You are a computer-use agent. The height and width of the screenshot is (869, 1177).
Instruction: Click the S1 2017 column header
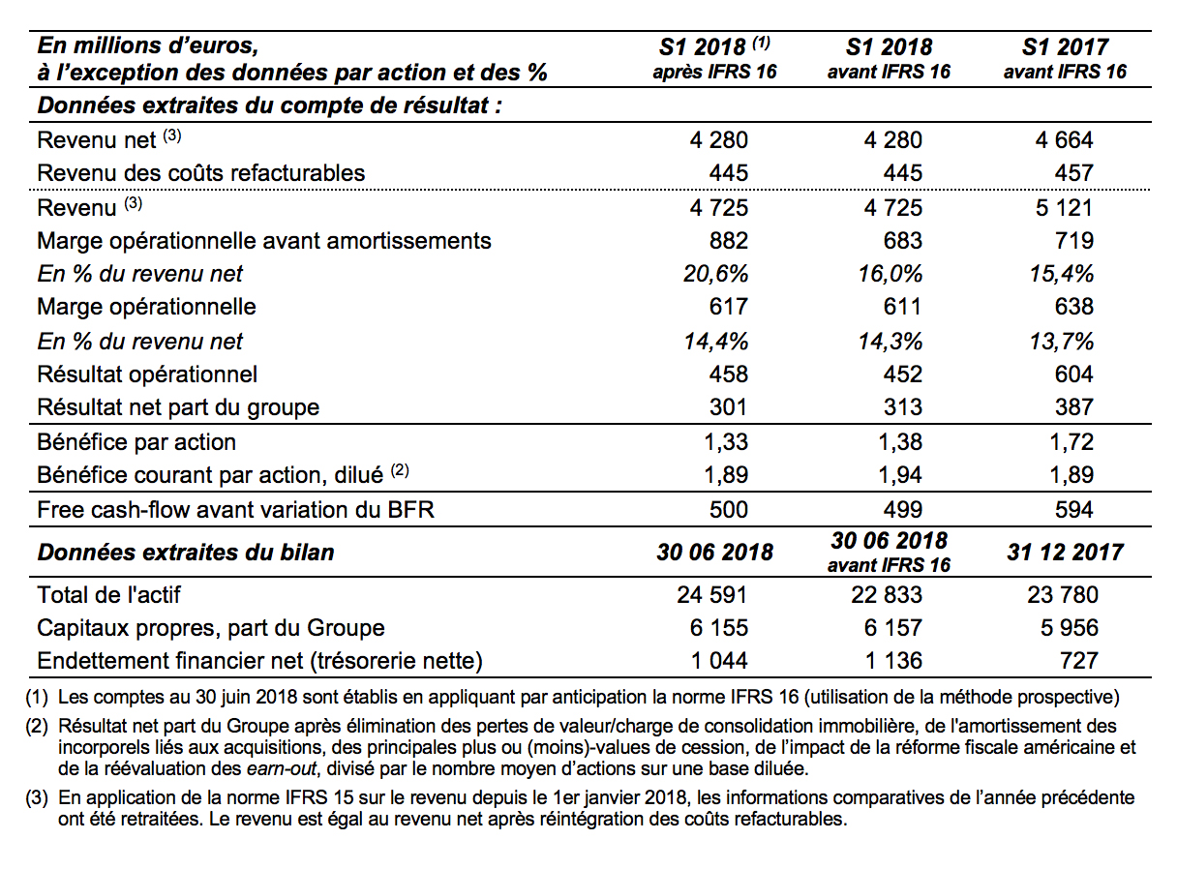click(1065, 46)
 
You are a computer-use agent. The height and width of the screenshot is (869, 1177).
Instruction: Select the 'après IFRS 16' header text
click(714, 72)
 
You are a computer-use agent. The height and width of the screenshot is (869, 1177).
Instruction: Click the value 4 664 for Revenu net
click(1064, 140)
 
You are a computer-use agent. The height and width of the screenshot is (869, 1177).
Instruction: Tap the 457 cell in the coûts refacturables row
click(1073, 173)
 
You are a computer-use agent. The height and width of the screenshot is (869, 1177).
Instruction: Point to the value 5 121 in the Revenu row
click(1064, 207)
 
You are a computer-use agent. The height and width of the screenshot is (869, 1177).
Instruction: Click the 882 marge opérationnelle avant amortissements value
click(729, 241)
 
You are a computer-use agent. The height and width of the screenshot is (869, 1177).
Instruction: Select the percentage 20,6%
click(716, 274)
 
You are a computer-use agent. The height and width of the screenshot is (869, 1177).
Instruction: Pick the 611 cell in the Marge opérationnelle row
click(902, 307)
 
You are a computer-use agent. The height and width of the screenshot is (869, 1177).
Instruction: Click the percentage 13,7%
click(1061, 342)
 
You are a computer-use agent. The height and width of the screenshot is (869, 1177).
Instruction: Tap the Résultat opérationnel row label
click(147, 375)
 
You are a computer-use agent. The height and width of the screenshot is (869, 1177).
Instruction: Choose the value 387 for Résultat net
click(1073, 407)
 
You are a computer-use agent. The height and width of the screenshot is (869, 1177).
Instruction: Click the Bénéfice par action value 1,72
click(1071, 442)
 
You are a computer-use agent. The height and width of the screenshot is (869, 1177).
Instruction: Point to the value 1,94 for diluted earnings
click(900, 475)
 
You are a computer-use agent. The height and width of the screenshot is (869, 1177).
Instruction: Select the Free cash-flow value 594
click(1073, 510)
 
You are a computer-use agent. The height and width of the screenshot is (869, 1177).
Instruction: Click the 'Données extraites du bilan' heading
click(186, 553)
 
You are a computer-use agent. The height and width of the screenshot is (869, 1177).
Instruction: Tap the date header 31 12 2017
click(1065, 553)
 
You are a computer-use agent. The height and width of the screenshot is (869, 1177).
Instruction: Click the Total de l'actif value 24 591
click(711, 595)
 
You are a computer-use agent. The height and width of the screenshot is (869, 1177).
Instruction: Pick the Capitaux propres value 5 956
click(1069, 628)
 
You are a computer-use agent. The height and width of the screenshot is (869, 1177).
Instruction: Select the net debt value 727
click(1078, 661)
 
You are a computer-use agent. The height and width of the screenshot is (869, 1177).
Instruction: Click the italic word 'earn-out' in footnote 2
click(282, 768)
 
